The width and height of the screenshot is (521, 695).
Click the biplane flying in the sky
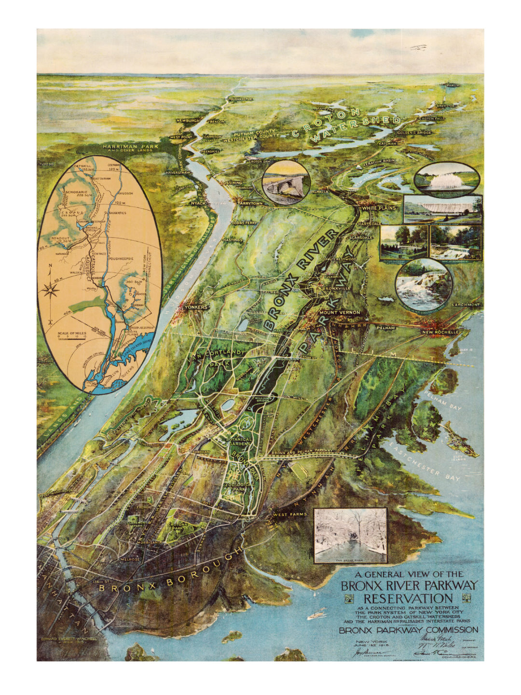click(419, 47)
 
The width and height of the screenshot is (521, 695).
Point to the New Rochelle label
click(439, 333)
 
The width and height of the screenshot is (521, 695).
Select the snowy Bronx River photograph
click(350, 536)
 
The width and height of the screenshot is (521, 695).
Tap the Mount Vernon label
click(340, 313)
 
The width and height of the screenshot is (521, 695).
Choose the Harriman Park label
click(126, 145)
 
